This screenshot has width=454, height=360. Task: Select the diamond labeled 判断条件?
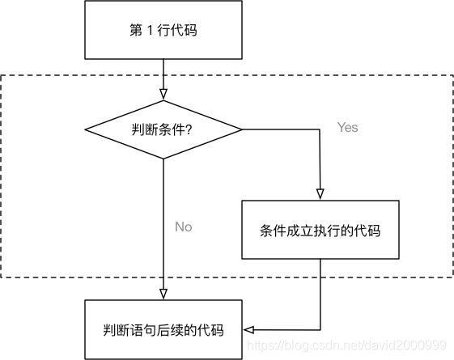pos(163,129)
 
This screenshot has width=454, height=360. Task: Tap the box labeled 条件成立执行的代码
pos(320,230)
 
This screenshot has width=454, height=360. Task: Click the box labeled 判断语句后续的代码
pos(163,329)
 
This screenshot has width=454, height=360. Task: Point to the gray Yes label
pos(347,128)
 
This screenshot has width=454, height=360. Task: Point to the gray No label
pos(184,227)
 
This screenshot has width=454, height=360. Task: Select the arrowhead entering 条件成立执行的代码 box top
pos(320,194)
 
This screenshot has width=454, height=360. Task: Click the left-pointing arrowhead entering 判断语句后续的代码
pos(248,329)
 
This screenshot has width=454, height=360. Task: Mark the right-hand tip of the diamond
pos(242,129)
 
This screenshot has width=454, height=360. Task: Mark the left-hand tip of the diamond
pos(85,129)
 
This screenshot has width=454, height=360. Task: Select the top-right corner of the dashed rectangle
pos(452,76)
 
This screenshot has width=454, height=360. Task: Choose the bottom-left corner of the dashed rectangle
pos(2,277)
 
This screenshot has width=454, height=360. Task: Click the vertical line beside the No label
pos(163,227)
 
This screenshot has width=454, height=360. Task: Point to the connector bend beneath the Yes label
pos(320,129)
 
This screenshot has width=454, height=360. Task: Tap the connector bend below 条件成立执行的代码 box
pos(320,329)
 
